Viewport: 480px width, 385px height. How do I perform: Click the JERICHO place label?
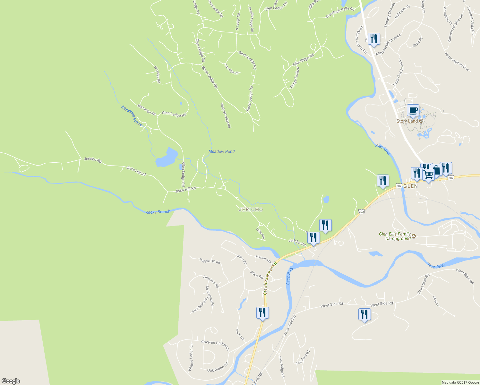251,210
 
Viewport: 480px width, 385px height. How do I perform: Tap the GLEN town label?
410,186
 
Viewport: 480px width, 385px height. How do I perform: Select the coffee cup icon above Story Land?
413,110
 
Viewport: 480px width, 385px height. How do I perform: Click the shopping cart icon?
429,175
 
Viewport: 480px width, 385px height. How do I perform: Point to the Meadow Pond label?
221,151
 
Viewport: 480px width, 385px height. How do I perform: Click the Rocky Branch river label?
158,212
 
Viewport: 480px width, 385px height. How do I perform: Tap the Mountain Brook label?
132,116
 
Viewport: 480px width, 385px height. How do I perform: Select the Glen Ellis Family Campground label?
395,236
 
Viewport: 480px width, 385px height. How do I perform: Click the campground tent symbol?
414,236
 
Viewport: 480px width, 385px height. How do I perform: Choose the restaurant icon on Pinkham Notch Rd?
374,39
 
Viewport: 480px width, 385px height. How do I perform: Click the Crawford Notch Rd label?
270,278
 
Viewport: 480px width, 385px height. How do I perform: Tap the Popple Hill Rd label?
210,261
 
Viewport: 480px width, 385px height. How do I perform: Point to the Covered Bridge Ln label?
215,345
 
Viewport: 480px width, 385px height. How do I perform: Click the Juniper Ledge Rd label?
226,116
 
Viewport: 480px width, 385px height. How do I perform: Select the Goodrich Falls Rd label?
340,12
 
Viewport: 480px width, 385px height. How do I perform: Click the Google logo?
11,381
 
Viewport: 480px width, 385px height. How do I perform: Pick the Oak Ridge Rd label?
218,367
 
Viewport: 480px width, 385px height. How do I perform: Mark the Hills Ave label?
261,233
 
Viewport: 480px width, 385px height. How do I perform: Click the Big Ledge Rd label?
146,110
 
